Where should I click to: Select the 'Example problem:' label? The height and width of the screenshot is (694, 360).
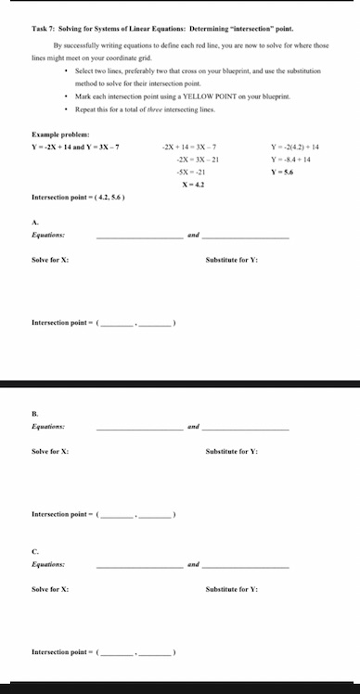pos(57,135)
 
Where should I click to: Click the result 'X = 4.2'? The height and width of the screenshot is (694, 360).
pos(192,185)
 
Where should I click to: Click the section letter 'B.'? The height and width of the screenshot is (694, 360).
pos(35,414)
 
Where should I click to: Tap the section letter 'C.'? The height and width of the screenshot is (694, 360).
pos(35,552)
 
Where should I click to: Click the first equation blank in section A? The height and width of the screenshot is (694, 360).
pos(138,237)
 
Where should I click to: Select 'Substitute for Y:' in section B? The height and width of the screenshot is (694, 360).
pos(232,451)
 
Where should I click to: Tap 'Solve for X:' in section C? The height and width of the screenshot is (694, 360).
pos(50,589)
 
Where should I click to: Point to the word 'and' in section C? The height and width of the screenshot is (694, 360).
pos(193,565)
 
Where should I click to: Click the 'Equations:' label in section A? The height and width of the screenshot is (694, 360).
pos(47,236)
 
